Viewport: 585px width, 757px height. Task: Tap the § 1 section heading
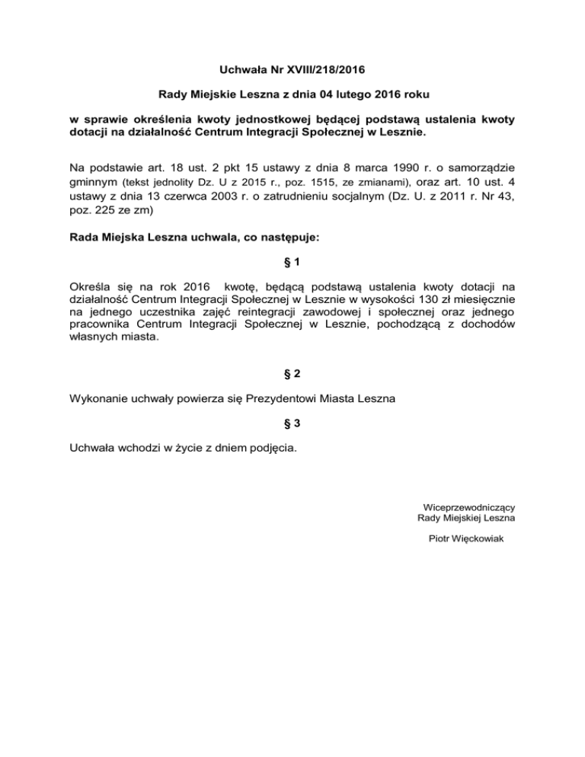click(292, 263)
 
